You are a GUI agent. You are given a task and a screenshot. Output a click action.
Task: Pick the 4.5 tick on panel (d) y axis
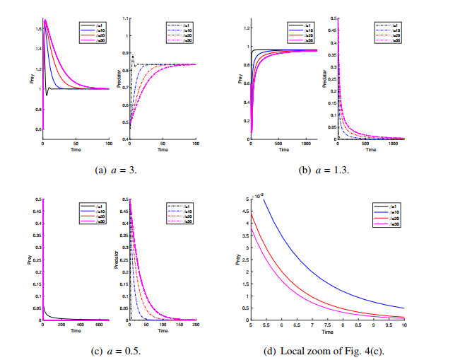tap(246, 211)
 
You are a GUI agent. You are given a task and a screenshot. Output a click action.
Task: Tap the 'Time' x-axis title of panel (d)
tap(328, 332)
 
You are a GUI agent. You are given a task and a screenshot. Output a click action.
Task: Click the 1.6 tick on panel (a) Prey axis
tap(37, 28)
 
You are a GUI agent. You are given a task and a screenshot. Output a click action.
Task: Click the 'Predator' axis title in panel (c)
tap(119, 259)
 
